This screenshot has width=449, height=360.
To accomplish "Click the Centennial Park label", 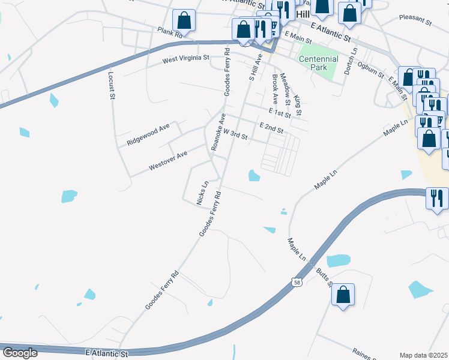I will click(318, 63).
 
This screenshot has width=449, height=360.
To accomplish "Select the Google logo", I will click(20, 353).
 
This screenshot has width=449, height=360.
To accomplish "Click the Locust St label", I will click(111, 85).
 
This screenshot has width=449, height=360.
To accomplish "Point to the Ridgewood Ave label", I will click(148, 136).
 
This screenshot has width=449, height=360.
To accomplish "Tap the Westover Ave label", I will click(168, 158).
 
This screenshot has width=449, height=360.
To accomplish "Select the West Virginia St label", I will click(185, 59).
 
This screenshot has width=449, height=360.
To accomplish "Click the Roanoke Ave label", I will click(217, 132).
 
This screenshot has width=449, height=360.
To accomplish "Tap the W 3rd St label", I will click(235, 136).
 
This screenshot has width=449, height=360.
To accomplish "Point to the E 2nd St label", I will click(271, 127).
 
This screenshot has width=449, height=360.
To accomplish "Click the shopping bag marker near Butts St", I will click(343, 295).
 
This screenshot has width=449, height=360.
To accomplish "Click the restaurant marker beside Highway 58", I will click(437, 197).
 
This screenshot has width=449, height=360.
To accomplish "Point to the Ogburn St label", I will click(370, 69).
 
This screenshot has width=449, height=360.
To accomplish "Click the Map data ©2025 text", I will click(424, 355).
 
